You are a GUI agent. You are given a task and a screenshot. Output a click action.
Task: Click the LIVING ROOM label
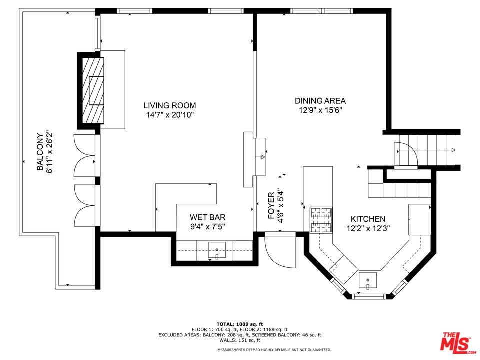click(x=170, y=105)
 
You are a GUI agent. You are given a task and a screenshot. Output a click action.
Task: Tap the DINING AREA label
click(x=320, y=101)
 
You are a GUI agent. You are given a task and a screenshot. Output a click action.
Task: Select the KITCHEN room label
click(x=368, y=219)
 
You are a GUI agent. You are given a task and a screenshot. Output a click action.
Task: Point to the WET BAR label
click(x=207, y=217)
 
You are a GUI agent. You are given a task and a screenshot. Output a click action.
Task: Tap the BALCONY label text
click(x=40, y=152)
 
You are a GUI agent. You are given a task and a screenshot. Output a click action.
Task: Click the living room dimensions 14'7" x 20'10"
click(x=170, y=115)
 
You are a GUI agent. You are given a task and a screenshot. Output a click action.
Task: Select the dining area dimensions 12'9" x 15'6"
click(x=320, y=110)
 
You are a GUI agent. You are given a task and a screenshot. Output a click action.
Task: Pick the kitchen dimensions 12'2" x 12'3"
click(x=368, y=228)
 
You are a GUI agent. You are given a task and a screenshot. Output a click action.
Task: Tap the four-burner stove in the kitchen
click(x=321, y=220)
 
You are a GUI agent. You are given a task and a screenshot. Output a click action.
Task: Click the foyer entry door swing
click(x=277, y=252)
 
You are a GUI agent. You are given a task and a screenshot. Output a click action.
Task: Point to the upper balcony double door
click(x=84, y=155)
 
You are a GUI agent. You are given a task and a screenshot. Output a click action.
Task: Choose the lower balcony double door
click(x=84, y=205)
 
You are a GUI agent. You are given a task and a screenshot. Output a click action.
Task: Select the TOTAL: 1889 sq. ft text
click(x=239, y=324)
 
